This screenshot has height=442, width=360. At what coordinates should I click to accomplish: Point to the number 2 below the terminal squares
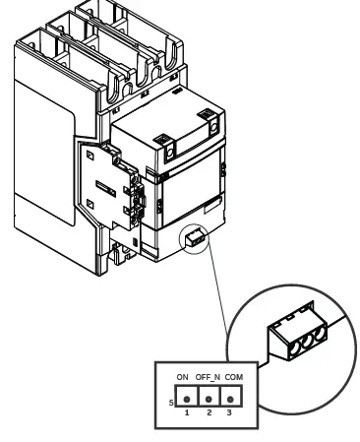point(208,413)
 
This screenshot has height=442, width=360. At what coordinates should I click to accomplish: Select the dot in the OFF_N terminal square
point(208,399)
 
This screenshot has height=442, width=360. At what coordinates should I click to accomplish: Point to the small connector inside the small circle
point(194,238)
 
